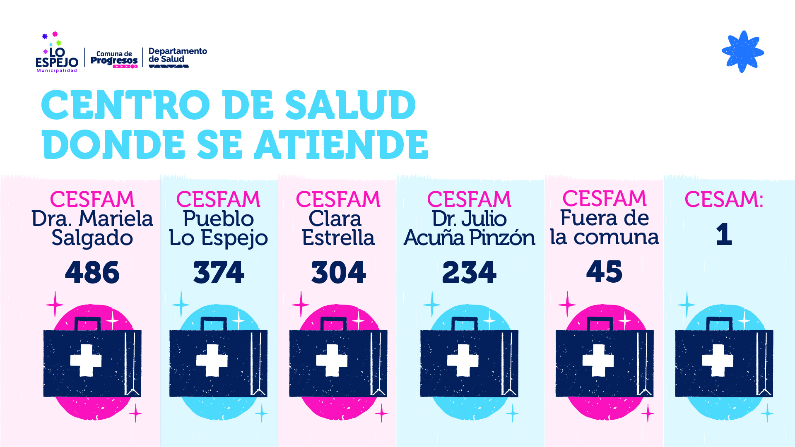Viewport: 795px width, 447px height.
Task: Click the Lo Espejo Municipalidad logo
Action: (x=57, y=54)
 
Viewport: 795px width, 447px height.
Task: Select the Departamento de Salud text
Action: (x=177, y=55)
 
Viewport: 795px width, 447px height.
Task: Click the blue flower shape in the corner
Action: (x=742, y=52)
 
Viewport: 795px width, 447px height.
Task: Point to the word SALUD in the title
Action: (x=350, y=105)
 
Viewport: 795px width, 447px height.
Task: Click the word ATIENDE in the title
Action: (x=341, y=144)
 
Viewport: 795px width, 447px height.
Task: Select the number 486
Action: (x=92, y=272)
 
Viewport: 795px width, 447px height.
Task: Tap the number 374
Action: (x=219, y=272)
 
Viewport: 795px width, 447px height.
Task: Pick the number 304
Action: (x=338, y=272)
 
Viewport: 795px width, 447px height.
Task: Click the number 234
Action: (x=469, y=272)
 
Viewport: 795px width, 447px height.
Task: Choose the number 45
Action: (x=604, y=272)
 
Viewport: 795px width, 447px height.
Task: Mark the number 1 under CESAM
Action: (x=724, y=234)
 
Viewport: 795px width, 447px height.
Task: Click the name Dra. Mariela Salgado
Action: (x=92, y=228)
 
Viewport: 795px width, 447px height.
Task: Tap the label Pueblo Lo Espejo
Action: (x=219, y=228)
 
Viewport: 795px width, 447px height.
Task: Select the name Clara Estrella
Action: (x=338, y=228)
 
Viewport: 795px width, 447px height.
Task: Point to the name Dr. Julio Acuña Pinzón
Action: (x=469, y=228)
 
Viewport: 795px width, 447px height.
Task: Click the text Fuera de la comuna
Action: (x=604, y=228)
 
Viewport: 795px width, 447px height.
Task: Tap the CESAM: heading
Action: (x=724, y=199)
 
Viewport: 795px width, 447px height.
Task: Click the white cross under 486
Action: (x=86, y=360)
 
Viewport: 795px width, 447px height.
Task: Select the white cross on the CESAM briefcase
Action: (x=718, y=360)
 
